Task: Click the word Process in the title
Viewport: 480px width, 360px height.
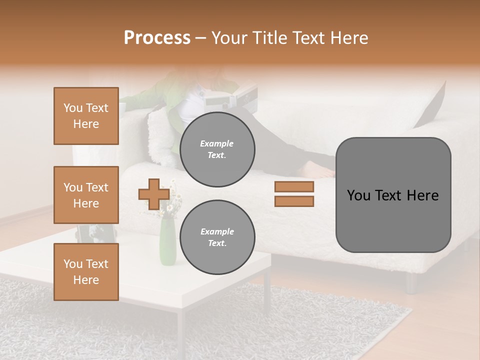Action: pyautogui.click(x=157, y=38)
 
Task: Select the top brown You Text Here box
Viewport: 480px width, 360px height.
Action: pyautogui.click(x=86, y=116)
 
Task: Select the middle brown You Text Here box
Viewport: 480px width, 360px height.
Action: pyautogui.click(x=86, y=195)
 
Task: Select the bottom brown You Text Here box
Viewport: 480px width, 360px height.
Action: pyautogui.click(x=86, y=272)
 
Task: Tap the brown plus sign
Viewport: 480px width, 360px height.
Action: pyautogui.click(x=154, y=194)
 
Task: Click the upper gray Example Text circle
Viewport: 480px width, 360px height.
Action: pyautogui.click(x=217, y=149)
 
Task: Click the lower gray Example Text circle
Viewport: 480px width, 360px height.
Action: pyautogui.click(x=217, y=237)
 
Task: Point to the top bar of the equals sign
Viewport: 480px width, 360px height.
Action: pyautogui.click(x=294, y=186)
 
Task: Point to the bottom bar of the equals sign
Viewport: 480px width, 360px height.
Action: pyautogui.click(x=294, y=201)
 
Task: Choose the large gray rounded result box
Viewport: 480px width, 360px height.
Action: pyautogui.click(x=393, y=195)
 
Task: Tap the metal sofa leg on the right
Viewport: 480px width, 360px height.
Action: pyautogui.click(x=411, y=282)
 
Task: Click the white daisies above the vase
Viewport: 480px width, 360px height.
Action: pyautogui.click(x=170, y=200)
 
